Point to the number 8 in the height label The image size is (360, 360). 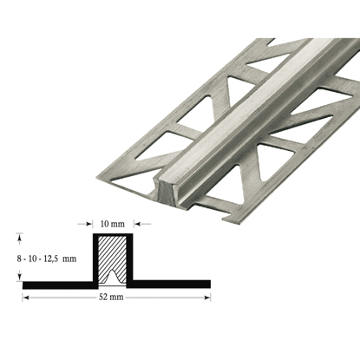pyautogui.click(x=20, y=258)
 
